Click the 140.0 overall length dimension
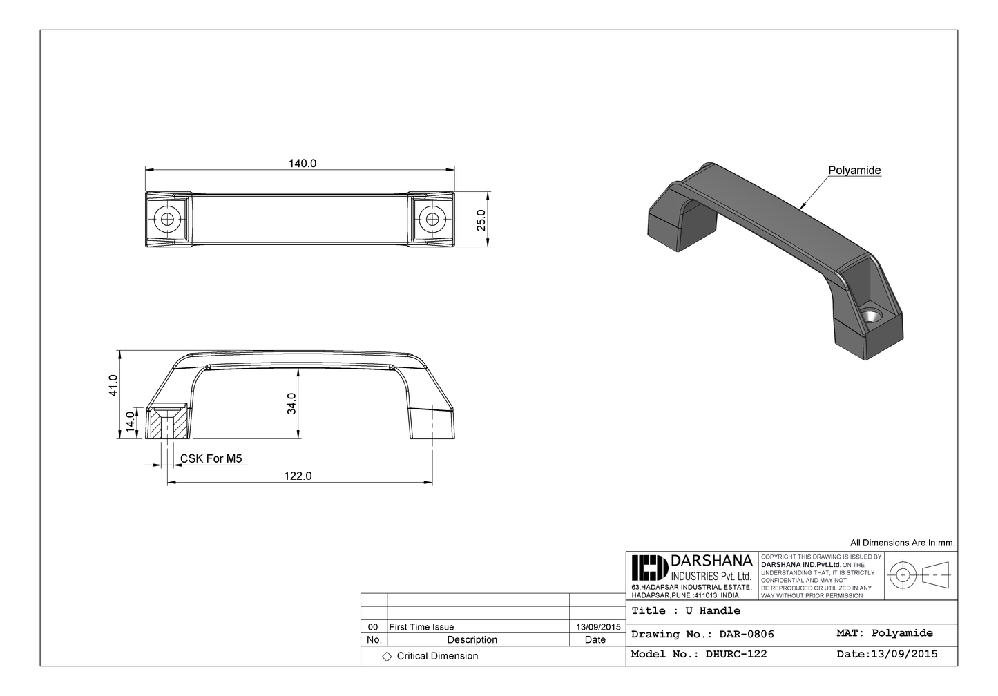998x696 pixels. (x=303, y=164)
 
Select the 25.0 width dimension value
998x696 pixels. (x=481, y=220)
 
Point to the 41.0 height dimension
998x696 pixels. (x=113, y=385)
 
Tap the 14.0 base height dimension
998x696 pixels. (x=130, y=422)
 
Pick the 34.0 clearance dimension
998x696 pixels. (x=291, y=403)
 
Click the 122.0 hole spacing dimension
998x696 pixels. (x=298, y=476)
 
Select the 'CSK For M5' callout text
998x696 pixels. (x=211, y=458)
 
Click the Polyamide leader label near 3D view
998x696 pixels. (x=854, y=171)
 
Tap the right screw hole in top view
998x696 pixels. (x=432, y=220)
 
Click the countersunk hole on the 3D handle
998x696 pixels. (x=872, y=316)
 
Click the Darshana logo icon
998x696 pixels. (x=649, y=568)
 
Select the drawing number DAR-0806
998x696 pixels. (x=746, y=634)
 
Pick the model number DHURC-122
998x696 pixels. (x=736, y=654)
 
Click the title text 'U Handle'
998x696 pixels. (x=713, y=611)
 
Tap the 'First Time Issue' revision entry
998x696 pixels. (x=421, y=627)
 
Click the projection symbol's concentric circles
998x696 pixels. (x=902, y=574)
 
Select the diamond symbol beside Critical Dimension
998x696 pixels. (x=387, y=657)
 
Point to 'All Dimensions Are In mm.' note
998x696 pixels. (x=902, y=543)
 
